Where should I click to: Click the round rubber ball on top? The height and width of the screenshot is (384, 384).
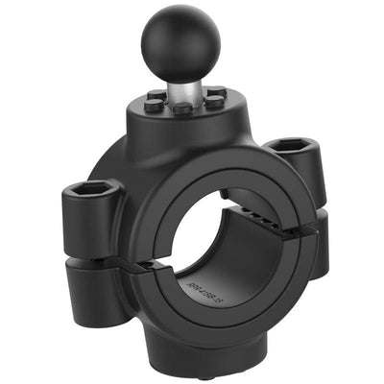pyautogui.click(x=180, y=43)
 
